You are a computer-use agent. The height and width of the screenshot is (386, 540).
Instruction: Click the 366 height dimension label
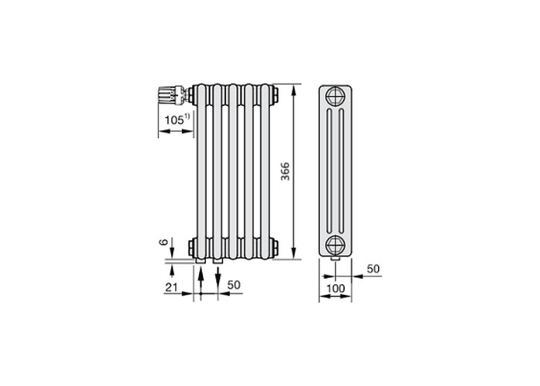(x=285, y=171)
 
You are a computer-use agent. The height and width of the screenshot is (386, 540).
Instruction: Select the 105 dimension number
(x=174, y=120)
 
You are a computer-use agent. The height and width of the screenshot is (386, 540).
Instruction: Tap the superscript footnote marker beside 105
(x=187, y=117)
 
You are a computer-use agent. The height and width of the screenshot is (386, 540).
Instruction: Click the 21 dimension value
(x=171, y=286)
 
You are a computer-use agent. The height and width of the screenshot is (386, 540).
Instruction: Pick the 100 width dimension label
(x=336, y=288)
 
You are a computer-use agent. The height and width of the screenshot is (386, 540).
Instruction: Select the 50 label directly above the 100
(x=373, y=269)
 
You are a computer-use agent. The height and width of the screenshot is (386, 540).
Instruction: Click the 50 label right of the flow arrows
(x=234, y=285)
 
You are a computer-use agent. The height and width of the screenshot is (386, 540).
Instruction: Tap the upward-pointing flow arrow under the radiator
(x=201, y=279)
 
